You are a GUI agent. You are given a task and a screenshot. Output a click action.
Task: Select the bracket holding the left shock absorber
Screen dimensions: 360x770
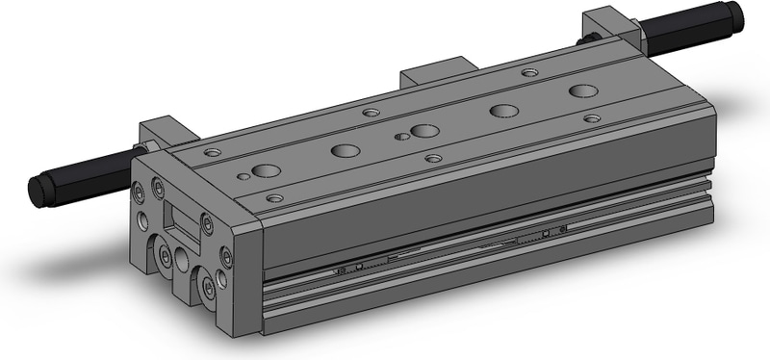160,135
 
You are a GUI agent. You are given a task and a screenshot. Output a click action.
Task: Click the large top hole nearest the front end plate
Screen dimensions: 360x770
267,171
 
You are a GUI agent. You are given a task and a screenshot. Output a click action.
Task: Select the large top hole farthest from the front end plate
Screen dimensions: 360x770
582,91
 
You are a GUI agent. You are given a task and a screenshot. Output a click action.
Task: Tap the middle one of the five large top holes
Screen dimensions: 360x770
424,131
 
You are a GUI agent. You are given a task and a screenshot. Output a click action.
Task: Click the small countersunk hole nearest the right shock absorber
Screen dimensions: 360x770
529,71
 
